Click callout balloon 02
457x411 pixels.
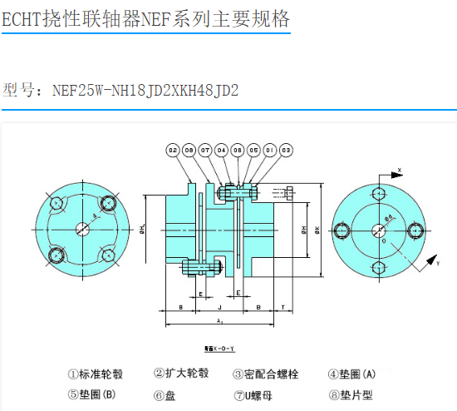click(x=173, y=151)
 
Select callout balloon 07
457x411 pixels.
click(x=205, y=151)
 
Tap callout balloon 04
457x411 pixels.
click(x=221, y=151)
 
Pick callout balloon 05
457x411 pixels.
click(x=253, y=151)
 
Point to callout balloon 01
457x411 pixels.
click(x=269, y=151)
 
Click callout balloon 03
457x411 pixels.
click(x=286, y=151)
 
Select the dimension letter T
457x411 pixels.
click(x=283, y=307)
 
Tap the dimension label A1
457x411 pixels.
click(x=219, y=320)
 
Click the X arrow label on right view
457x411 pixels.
click(x=400, y=170)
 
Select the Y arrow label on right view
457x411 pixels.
click(x=436, y=262)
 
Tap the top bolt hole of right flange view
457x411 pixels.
click(x=379, y=193)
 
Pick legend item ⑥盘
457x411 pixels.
click(x=165, y=395)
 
